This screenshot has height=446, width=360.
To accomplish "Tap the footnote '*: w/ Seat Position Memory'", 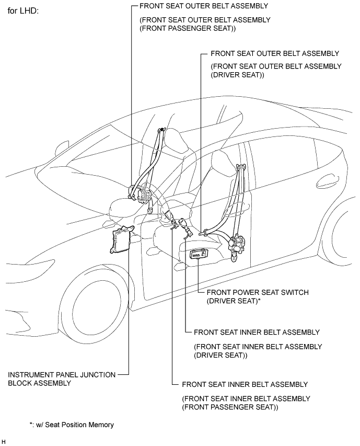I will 72,425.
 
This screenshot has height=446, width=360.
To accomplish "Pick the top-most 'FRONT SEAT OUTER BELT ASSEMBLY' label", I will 204,6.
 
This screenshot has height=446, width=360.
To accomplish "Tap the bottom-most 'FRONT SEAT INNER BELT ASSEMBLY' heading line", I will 245,384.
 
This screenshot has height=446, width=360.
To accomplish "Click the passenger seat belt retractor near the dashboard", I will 140,194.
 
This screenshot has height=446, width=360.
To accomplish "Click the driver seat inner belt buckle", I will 184,225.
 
